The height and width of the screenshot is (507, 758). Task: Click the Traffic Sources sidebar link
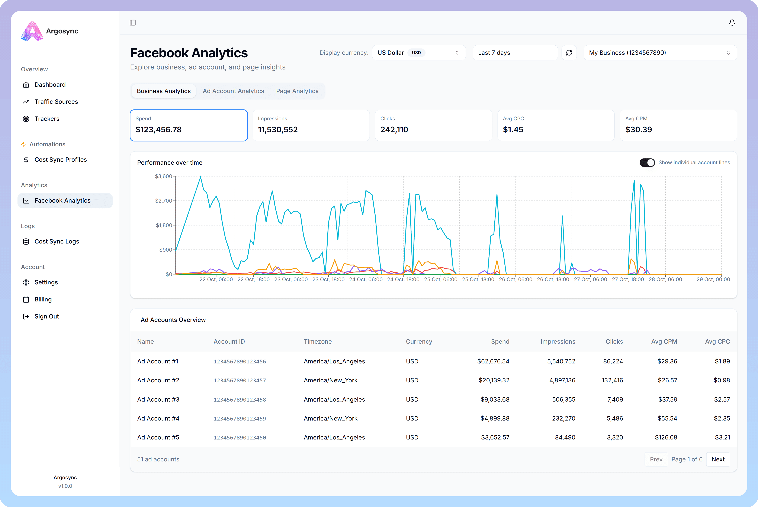click(x=56, y=102)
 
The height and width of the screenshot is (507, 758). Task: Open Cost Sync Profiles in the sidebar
click(x=61, y=159)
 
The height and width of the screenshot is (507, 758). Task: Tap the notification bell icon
click(x=732, y=23)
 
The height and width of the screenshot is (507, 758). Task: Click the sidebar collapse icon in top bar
click(x=133, y=23)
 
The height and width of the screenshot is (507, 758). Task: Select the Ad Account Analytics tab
click(x=233, y=91)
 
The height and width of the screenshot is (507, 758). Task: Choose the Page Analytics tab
click(x=297, y=91)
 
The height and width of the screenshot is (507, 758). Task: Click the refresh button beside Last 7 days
click(x=569, y=53)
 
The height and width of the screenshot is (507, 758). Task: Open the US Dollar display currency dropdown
click(x=418, y=53)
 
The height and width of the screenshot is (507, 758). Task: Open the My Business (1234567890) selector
click(x=660, y=53)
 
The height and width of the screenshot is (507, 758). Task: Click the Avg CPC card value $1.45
click(x=513, y=130)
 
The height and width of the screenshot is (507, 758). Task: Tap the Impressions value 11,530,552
click(x=277, y=130)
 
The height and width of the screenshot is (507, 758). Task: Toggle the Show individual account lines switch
click(x=647, y=162)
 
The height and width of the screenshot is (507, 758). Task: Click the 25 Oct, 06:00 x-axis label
click(x=440, y=279)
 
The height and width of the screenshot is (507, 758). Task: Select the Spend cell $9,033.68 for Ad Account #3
click(x=495, y=399)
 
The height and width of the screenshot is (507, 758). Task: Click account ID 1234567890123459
click(x=240, y=418)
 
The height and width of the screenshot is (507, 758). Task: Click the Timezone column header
click(x=318, y=341)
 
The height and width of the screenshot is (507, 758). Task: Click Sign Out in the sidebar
click(x=47, y=316)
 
